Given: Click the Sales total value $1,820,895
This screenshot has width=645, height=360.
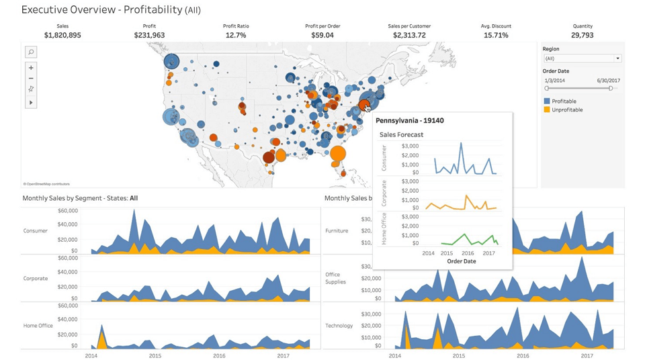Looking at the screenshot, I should pyautogui.click(x=62, y=35).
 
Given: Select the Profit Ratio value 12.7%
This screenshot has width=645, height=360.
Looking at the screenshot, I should pyautogui.click(x=235, y=35).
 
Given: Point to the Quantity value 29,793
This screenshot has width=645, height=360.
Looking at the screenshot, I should pyautogui.click(x=583, y=35).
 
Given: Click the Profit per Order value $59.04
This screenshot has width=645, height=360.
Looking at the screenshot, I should pyautogui.click(x=322, y=35).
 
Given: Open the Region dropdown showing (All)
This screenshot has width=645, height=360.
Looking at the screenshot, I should pyautogui.click(x=582, y=58).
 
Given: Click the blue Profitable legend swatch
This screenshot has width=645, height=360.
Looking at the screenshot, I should pyautogui.click(x=547, y=101).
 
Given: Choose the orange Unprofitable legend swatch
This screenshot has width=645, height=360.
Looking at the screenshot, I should pyautogui.click(x=547, y=109).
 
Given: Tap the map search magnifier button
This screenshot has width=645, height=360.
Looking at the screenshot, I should pyautogui.click(x=31, y=52).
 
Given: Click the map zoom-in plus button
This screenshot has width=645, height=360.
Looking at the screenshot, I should pyautogui.click(x=31, y=68).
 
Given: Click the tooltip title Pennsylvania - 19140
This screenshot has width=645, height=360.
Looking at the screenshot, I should pyautogui.click(x=409, y=121).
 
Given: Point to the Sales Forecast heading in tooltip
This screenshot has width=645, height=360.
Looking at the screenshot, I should pyautogui.click(x=401, y=134).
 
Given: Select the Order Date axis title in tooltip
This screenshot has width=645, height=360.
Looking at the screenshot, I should pyautogui.click(x=461, y=261).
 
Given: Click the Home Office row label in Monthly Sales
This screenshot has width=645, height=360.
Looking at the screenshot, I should pyautogui.click(x=38, y=326).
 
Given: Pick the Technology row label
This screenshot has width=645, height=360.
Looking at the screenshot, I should pyautogui.click(x=339, y=326).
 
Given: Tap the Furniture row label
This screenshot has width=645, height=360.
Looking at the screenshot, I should pyautogui.click(x=337, y=230).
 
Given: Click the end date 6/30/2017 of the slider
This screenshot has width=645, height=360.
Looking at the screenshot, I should pyautogui.click(x=608, y=81).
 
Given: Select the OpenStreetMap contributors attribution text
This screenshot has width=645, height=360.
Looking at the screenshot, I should pyautogui.click(x=46, y=183).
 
